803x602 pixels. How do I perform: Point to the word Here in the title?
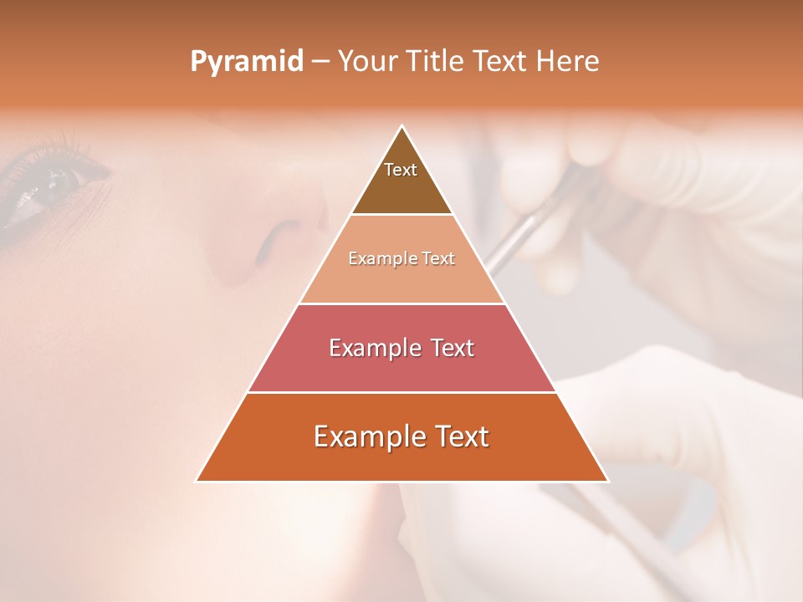(x=567, y=62)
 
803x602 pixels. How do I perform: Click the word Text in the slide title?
(x=499, y=62)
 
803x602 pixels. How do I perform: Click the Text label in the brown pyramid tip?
(x=401, y=170)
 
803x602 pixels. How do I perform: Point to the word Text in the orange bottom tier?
(x=462, y=436)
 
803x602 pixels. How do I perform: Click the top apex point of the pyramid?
(x=402, y=126)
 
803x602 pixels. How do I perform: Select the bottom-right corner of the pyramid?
(x=607, y=481)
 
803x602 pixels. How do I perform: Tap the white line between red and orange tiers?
(x=401, y=392)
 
